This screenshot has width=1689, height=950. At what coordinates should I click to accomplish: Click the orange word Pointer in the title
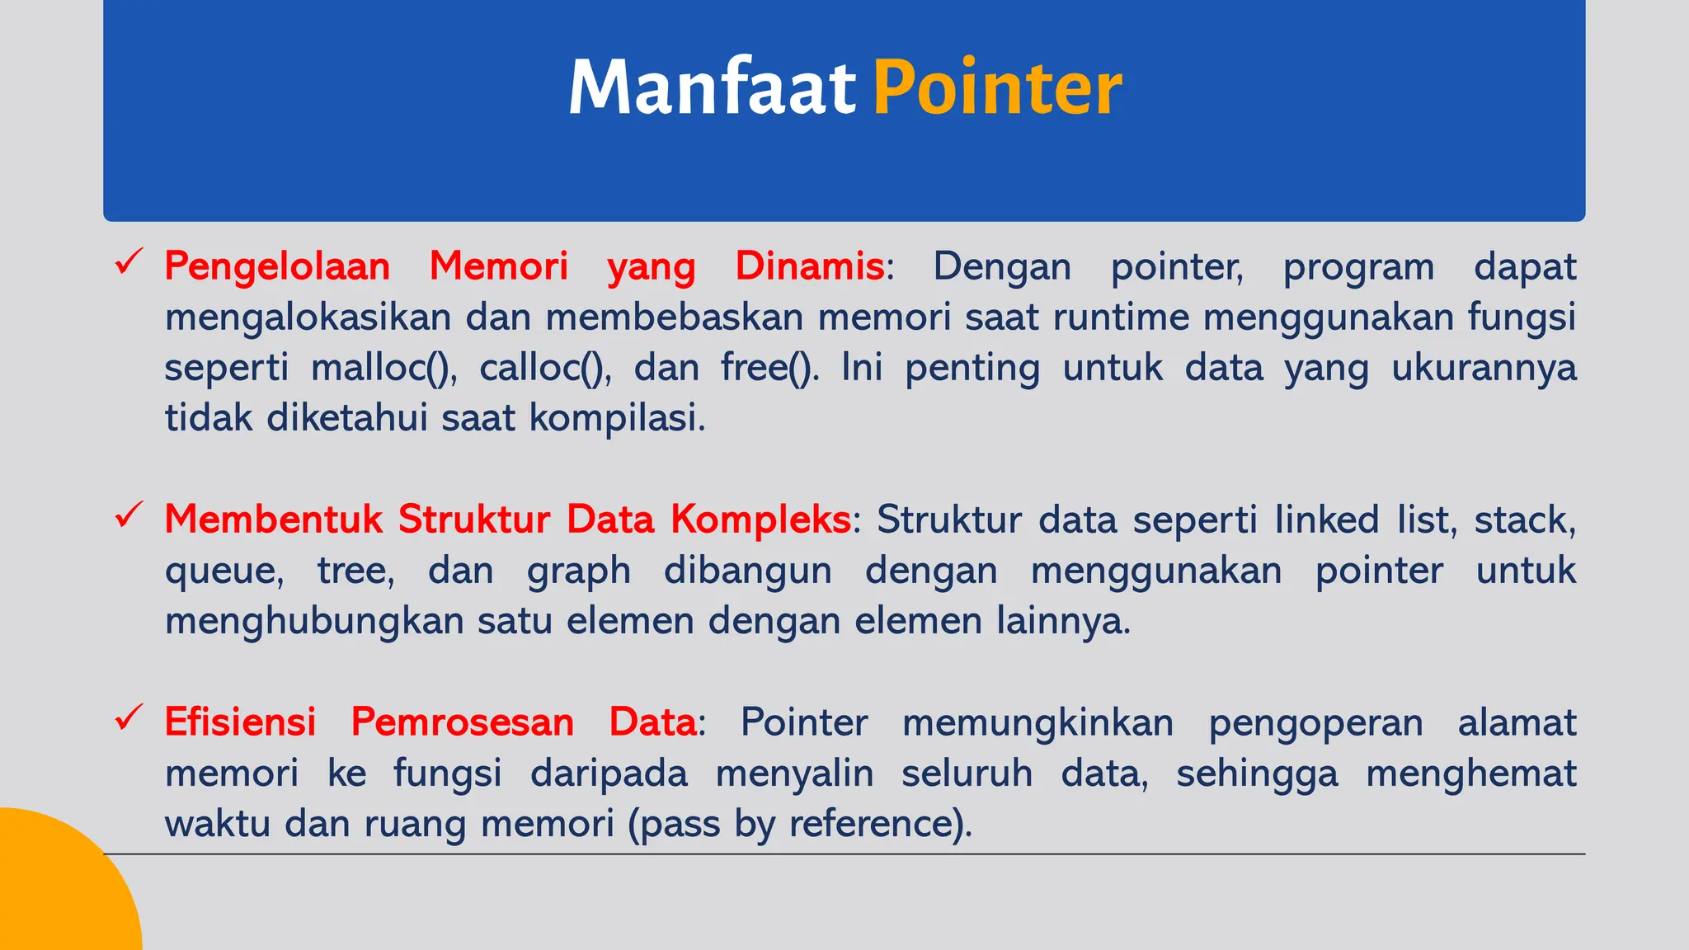(x=997, y=87)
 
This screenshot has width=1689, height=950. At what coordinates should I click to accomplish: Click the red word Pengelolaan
(x=277, y=267)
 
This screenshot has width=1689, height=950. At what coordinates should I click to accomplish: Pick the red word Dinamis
(x=809, y=267)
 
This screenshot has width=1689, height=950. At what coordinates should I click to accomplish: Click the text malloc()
(x=383, y=368)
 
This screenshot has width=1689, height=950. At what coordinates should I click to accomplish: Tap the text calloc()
(x=544, y=368)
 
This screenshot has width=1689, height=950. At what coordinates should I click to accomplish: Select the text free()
(x=769, y=368)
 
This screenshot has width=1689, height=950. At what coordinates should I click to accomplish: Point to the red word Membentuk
(x=274, y=520)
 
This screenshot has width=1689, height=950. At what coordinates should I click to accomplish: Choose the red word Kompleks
(x=760, y=520)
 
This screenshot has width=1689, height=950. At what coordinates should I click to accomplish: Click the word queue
(x=223, y=571)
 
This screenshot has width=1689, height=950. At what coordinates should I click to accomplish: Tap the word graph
(x=579, y=571)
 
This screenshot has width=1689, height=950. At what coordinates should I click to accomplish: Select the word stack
(x=1524, y=520)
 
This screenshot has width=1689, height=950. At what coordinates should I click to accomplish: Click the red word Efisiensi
(x=240, y=722)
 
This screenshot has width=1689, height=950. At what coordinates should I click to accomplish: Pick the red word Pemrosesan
(x=463, y=722)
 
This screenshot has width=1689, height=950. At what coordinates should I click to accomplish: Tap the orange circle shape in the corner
(x=58, y=891)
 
